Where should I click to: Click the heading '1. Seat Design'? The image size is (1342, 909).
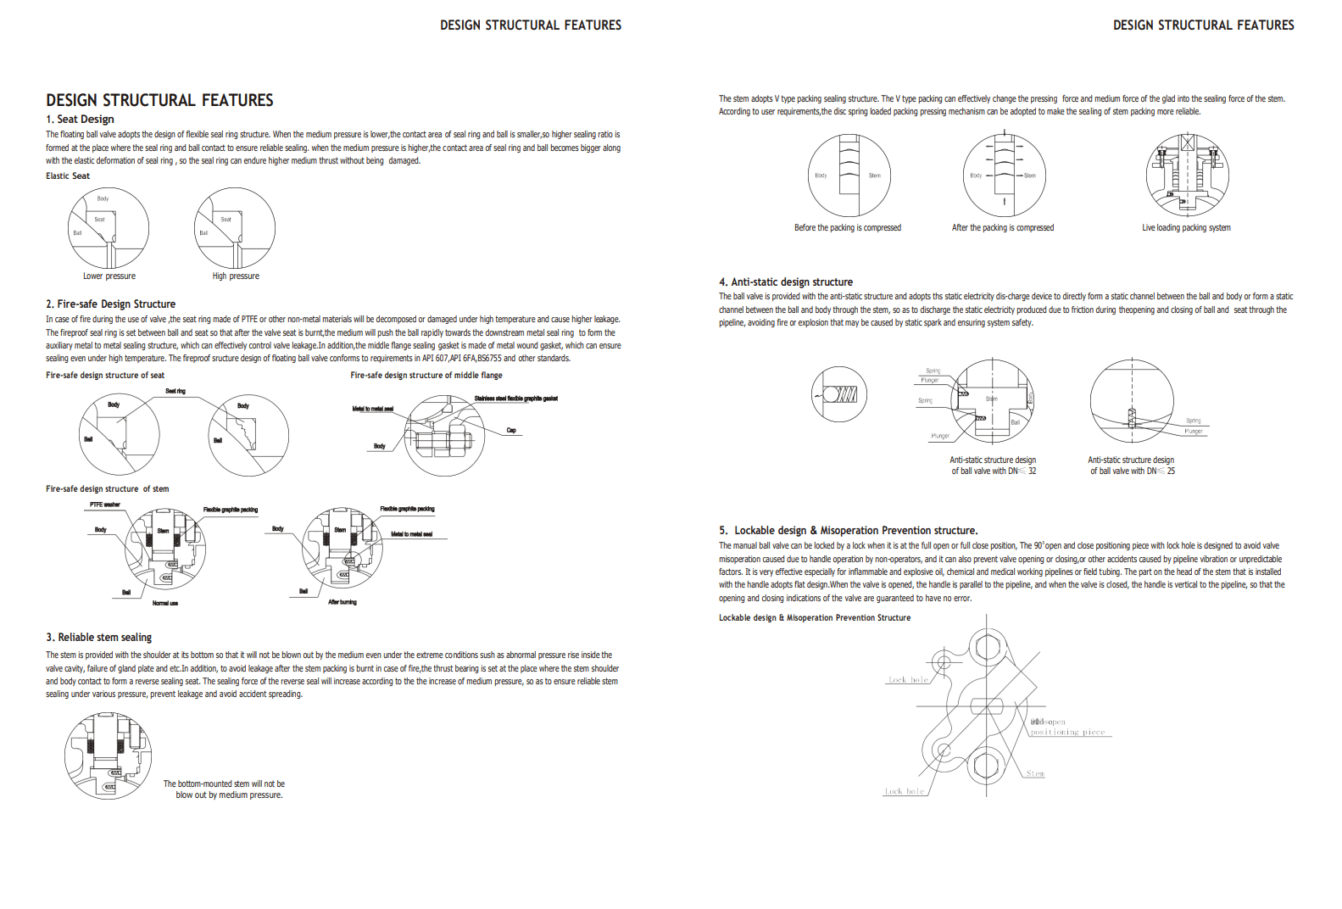tap(80, 120)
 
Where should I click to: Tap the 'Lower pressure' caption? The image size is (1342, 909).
tap(109, 276)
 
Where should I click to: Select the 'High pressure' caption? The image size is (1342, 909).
tap(236, 276)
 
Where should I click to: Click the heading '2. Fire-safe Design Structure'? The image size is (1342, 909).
tap(110, 304)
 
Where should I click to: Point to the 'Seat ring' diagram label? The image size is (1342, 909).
tap(175, 391)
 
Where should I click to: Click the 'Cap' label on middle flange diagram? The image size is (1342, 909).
tap(511, 431)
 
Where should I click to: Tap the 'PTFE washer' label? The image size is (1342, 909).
tap(105, 505)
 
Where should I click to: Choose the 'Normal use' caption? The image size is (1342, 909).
tap(165, 603)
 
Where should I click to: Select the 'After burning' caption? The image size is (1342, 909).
tap(342, 602)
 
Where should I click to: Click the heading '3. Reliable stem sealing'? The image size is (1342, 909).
tap(99, 638)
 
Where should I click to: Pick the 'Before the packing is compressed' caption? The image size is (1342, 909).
tap(847, 228)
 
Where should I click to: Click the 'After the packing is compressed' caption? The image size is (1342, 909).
tap(1002, 228)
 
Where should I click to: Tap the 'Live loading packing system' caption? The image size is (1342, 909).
tap(1186, 228)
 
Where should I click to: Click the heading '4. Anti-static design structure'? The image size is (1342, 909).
tap(786, 282)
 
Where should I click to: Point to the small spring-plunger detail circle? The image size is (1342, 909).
tap(839, 394)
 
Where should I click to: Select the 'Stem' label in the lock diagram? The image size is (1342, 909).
tap(1035, 773)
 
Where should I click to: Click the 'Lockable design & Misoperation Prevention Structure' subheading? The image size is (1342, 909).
tap(815, 618)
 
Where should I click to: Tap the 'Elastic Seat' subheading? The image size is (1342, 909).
tap(68, 176)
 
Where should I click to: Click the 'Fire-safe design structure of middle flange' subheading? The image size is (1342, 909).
tap(426, 376)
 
